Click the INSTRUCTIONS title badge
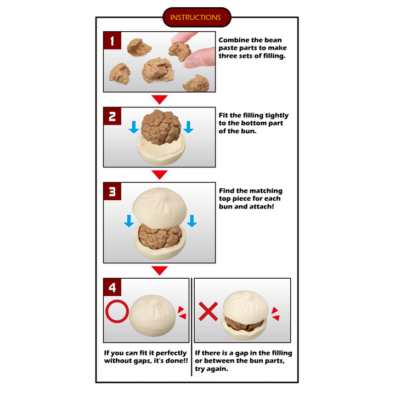tap(197, 17)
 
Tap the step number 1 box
tap(112, 41)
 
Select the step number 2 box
tap(112, 116)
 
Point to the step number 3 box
tap(112, 191)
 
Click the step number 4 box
tap(112, 287)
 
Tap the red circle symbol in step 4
tap(117, 300)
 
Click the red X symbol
tap(208, 312)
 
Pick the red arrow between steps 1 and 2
tap(160, 99)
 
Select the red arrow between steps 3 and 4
tap(160, 270)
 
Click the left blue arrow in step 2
tap(134, 127)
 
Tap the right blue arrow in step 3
tap(192, 221)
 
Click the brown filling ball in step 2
tap(161, 127)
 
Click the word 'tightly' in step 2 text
tap(276, 116)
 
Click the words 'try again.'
tap(212, 369)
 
